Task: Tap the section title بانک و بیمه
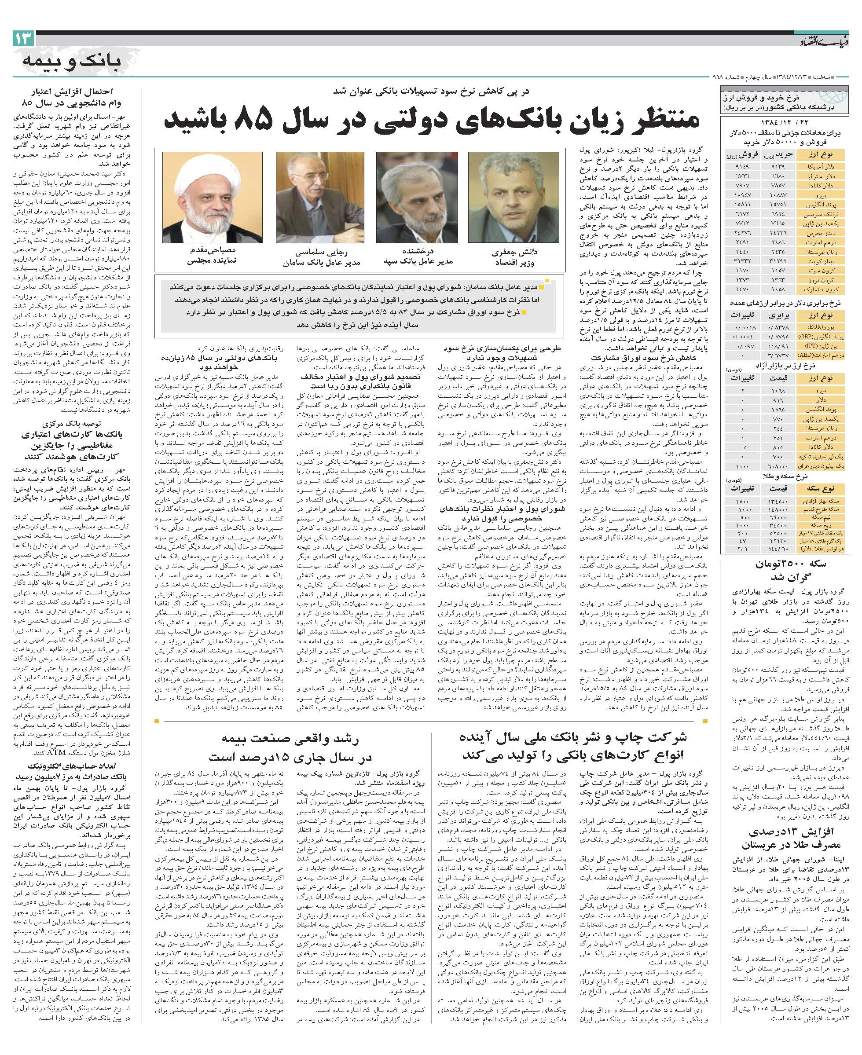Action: [72, 61]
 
